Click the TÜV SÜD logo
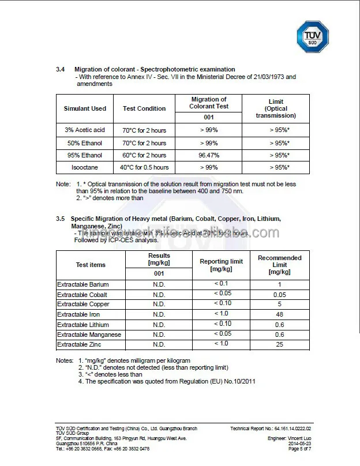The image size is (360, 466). (x=312, y=37)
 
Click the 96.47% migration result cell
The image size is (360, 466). (x=208, y=155)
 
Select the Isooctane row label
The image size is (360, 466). (x=85, y=167)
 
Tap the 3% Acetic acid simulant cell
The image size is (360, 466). (x=85, y=130)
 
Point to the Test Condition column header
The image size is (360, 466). (x=144, y=108)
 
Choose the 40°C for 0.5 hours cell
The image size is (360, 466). (x=144, y=167)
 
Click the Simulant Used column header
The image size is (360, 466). (x=85, y=108)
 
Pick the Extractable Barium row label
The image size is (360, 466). (x=82, y=284)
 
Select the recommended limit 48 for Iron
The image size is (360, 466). (x=279, y=314)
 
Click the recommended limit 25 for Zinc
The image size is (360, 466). (x=279, y=344)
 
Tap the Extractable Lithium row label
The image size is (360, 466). (x=84, y=324)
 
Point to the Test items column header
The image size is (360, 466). (x=91, y=265)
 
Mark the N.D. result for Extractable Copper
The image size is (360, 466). (x=159, y=305)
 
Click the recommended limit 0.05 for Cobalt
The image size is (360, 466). (x=279, y=295)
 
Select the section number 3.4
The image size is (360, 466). (x=60, y=69)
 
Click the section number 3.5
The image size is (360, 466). (x=60, y=219)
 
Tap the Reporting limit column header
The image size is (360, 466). (x=221, y=265)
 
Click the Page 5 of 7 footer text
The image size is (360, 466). (x=299, y=448)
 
